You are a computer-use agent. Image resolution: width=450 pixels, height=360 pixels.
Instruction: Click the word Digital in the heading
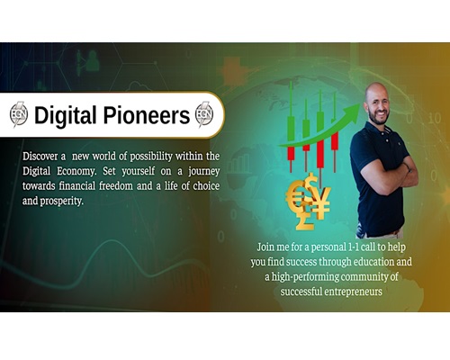point(65,115)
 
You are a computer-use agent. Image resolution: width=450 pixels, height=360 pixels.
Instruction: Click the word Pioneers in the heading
point(147,115)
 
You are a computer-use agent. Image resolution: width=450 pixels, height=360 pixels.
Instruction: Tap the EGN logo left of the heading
point(19,114)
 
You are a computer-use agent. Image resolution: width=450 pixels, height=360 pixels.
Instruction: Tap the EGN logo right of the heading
point(204,114)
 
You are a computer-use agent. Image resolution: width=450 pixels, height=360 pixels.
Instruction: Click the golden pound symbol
point(304,219)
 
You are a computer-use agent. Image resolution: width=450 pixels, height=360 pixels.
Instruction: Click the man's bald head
point(376,92)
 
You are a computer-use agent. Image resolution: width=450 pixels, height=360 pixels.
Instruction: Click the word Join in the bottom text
point(265,247)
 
